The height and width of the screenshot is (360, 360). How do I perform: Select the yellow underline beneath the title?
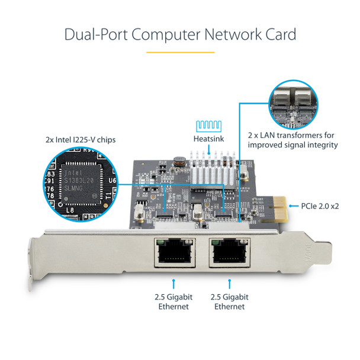(x=179, y=52)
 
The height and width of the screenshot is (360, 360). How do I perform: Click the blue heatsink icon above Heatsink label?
(x=208, y=126)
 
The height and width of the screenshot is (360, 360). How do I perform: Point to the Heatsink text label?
(x=208, y=139)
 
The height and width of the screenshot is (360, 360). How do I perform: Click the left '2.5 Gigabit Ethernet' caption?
(x=173, y=301)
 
